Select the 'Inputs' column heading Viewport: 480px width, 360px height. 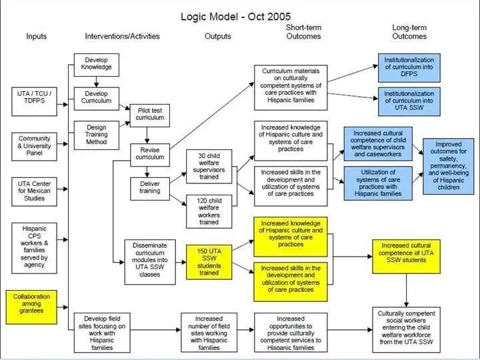(x=37, y=36)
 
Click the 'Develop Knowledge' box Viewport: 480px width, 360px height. (x=96, y=63)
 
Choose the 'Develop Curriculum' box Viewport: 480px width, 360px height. (x=96, y=97)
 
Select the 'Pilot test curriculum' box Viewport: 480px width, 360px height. (x=149, y=113)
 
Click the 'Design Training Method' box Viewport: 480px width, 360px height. (x=96, y=134)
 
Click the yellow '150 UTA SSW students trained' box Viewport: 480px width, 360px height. (x=209, y=261)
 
